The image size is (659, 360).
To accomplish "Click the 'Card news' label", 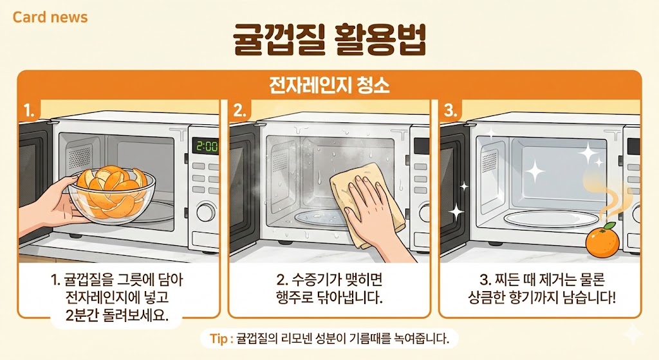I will pyautogui.click(x=50, y=17).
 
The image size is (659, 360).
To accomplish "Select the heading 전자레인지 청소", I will pyautogui.click(x=329, y=85).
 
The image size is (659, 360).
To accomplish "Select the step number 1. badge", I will pyautogui.click(x=29, y=110).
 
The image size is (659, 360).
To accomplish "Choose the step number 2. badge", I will pyautogui.click(x=240, y=110).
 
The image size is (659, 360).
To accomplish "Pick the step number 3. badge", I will pyautogui.click(x=450, y=110).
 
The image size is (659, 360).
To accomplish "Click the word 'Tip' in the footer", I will pyautogui.click(x=218, y=337).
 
